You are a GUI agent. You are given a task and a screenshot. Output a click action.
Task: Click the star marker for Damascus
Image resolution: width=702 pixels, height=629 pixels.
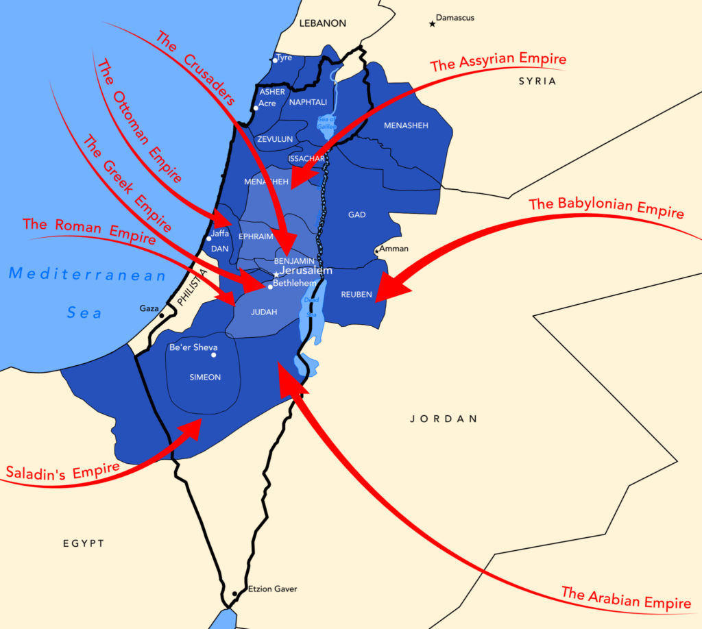point(432,24)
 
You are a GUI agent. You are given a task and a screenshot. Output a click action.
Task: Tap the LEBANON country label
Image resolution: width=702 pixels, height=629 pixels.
point(323,23)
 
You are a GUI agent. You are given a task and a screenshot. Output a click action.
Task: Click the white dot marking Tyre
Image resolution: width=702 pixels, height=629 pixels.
point(275,60)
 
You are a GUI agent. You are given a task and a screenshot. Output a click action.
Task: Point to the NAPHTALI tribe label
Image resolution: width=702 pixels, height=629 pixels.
point(308,102)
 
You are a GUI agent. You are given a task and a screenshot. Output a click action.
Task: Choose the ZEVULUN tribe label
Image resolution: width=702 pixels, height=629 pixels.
point(275,139)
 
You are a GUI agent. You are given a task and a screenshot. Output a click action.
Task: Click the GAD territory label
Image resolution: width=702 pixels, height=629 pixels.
point(356,214)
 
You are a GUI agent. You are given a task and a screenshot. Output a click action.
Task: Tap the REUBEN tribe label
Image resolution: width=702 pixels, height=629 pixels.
point(356,295)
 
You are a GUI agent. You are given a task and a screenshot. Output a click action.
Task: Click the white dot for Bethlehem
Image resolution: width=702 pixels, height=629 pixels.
point(270,287)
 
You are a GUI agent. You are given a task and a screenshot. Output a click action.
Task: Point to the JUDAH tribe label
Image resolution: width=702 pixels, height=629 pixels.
point(264,312)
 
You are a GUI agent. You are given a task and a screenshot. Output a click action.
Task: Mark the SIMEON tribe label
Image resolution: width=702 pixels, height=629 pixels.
point(205,377)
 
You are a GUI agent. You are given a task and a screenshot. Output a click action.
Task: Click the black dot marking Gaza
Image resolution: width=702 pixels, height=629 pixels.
point(162,315)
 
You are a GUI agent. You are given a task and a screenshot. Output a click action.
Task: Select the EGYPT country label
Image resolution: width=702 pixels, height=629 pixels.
point(84,543)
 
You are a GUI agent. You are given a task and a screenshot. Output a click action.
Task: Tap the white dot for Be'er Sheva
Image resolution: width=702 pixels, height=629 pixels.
point(214,355)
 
